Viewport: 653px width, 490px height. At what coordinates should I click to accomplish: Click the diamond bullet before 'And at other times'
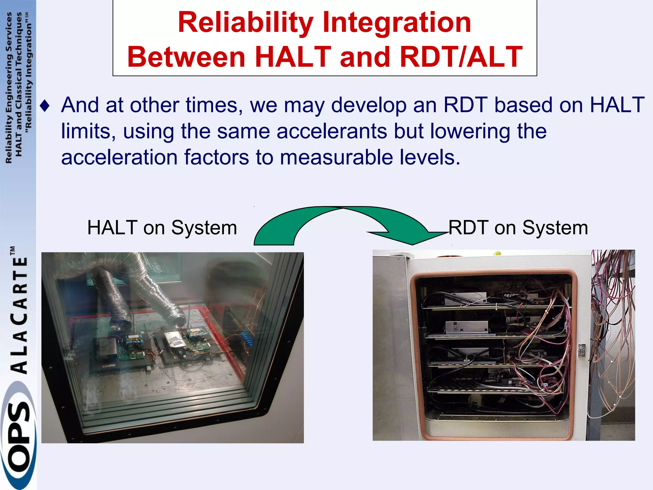click(x=45, y=106)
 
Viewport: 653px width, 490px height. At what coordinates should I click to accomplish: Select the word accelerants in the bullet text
click(x=332, y=131)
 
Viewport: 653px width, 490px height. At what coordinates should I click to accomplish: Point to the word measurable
click(x=336, y=158)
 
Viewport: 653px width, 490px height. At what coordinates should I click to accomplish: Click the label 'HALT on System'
click(x=162, y=228)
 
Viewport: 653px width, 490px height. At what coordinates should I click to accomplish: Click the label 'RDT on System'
click(x=518, y=228)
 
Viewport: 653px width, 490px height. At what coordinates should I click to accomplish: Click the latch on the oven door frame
click(x=582, y=350)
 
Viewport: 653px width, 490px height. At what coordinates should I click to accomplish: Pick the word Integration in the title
click(x=397, y=22)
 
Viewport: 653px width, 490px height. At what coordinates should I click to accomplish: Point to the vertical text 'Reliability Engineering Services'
click(x=9, y=88)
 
